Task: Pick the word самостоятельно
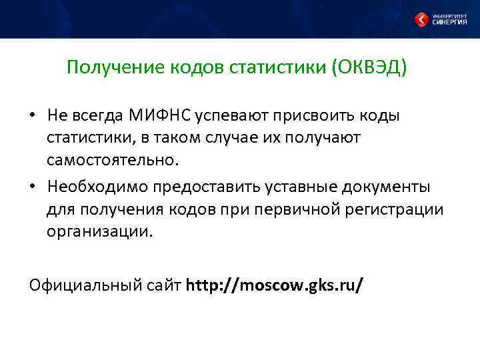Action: coord(113,160)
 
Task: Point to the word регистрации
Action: coord(398,210)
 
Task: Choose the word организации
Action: coord(99,232)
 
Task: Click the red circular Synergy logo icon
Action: coord(422,20)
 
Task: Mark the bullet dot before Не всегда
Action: coord(33,116)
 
